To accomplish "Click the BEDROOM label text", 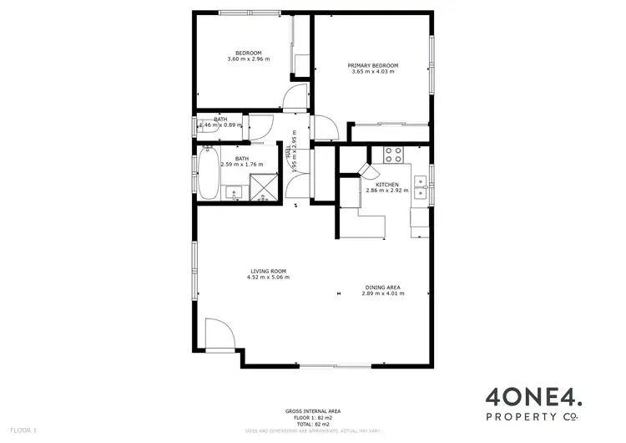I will click(249, 52).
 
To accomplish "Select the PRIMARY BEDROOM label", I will click(372, 65).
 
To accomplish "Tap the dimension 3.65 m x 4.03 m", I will click(372, 72).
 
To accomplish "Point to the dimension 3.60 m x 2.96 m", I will click(249, 59).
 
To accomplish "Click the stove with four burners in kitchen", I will click(393, 154).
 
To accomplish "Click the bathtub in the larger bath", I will click(206, 174).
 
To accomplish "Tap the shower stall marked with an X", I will click(265, 186).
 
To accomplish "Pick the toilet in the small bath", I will click(202, 125).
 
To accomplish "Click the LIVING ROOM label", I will click(268, 271).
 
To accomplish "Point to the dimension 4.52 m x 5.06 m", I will click(268, 278).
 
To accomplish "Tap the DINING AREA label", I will click(382, 288).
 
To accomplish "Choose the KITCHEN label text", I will click(386, 184).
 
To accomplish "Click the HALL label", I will click(289, 152).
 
